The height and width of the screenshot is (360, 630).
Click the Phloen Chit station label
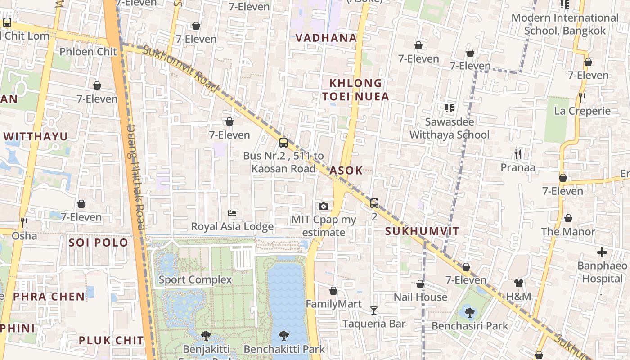(88, 52)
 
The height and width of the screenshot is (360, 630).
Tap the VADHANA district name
(326, 38)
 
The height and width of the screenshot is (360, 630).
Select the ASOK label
(346, 171)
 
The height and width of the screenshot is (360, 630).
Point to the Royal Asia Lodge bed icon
(232, 213)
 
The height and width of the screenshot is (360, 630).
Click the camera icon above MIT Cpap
(323, 207)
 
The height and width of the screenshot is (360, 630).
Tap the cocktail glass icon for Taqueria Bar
(374, 310)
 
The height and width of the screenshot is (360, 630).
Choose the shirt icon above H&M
(519, 283)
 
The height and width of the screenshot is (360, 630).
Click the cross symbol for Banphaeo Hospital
(602, 252)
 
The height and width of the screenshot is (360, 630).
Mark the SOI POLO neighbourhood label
(99, 243)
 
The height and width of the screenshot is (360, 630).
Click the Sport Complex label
(195, 280)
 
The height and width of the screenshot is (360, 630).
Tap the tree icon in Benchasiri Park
(469, 312)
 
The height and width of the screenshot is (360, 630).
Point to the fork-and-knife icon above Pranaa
(518, 154)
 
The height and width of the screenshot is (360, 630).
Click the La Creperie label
(582, 111)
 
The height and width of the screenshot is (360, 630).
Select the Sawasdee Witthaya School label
(449, 128)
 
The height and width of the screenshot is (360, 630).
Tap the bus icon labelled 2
(374, 203)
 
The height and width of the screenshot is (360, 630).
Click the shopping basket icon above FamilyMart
(333, 291)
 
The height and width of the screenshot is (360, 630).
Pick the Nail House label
(420, 297)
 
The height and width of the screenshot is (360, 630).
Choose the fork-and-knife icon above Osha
(24, 222)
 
